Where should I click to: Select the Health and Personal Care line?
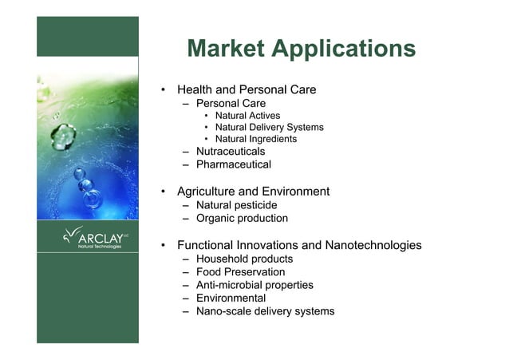247,89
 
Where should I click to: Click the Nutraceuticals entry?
231,151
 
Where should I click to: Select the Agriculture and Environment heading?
253,192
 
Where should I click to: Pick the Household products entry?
244,259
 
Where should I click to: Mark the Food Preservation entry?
240,272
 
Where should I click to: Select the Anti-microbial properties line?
254,285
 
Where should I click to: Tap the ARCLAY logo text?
100,238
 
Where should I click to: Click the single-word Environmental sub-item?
231,299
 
